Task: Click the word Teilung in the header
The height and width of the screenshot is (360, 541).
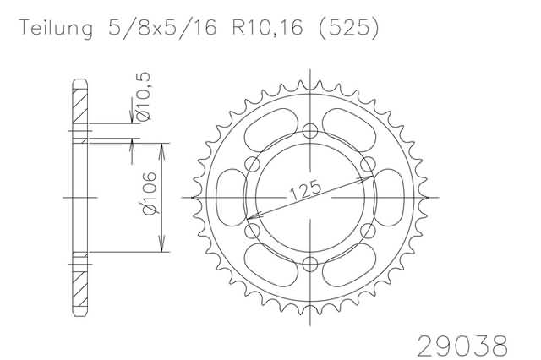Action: click(x=56, y=28)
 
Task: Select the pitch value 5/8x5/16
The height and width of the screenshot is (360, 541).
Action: click(x=162, y=27)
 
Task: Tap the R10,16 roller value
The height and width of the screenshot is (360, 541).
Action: click(x=267, y=27)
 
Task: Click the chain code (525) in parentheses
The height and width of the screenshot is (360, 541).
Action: click(x=348, y=27)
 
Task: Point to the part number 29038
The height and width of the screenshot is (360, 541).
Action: click(x=462, y=346)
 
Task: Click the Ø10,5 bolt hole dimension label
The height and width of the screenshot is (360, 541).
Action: click(x=144, y=96)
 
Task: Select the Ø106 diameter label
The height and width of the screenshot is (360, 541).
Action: click(x=150, y=194)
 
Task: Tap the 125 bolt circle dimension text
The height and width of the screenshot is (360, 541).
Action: click(x=306, y=190)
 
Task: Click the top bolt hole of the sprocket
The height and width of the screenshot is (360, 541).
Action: click(x=310, y=131)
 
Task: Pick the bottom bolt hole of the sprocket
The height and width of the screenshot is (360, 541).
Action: click(x=310, y=265)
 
